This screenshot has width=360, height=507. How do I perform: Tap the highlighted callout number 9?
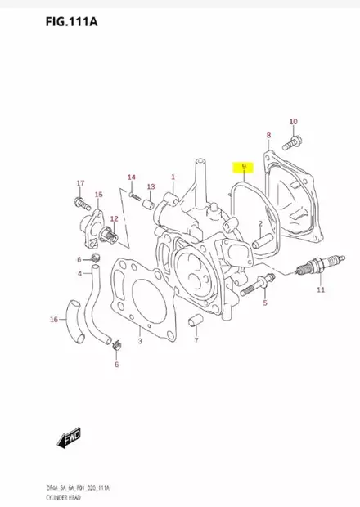pos(243,169)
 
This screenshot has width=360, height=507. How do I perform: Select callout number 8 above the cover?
pos(268,134)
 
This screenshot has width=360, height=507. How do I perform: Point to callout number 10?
pos(294,123)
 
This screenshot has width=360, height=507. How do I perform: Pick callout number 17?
pos(80,182)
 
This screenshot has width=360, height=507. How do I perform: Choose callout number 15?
pos(98,195)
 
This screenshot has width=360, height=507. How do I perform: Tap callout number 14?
pos(131,177)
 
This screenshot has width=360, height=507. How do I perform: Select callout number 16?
pos(54,319)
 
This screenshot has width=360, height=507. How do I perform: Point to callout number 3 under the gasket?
pos(140,340)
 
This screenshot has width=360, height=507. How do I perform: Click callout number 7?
pos(196,341)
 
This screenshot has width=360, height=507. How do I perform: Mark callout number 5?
pos(264,303)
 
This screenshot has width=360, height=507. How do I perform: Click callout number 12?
pos(115,218)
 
